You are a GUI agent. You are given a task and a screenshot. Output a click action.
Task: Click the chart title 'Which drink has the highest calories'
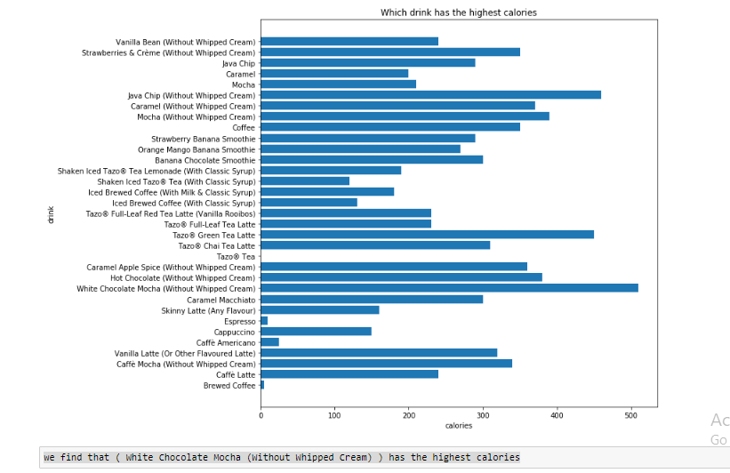click(458, 12)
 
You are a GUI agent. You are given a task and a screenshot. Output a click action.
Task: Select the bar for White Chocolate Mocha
click(449, 288)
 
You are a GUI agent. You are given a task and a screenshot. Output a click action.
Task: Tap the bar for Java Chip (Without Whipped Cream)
click(430, 95)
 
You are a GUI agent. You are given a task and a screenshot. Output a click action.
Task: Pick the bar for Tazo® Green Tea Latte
click(427, 235)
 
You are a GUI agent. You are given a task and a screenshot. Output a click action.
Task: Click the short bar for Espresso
click(264, 321)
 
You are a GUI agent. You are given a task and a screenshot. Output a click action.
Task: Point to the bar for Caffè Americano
click(269, 342)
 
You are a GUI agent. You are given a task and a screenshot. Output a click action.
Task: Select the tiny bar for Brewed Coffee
click(262, 385)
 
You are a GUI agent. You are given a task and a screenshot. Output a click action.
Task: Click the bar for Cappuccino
click(316, 332)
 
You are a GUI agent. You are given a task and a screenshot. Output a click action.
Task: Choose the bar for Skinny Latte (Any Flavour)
click(319, 310)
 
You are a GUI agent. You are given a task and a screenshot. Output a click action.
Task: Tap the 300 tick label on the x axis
click(483, 415)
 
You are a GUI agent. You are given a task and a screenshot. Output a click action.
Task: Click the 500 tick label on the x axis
click(630, 415)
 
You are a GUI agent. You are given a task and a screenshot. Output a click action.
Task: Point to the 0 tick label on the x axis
click(261, 415)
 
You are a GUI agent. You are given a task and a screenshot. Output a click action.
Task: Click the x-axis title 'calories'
click(458, 427)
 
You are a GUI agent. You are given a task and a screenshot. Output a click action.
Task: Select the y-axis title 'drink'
click(51, 213)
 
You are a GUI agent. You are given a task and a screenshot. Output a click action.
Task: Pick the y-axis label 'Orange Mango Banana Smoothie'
click(203, 149)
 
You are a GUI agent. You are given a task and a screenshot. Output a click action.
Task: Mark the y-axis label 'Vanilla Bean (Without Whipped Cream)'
click(185, 42)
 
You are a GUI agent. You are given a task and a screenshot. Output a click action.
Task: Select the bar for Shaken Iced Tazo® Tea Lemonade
click(330, 171)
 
